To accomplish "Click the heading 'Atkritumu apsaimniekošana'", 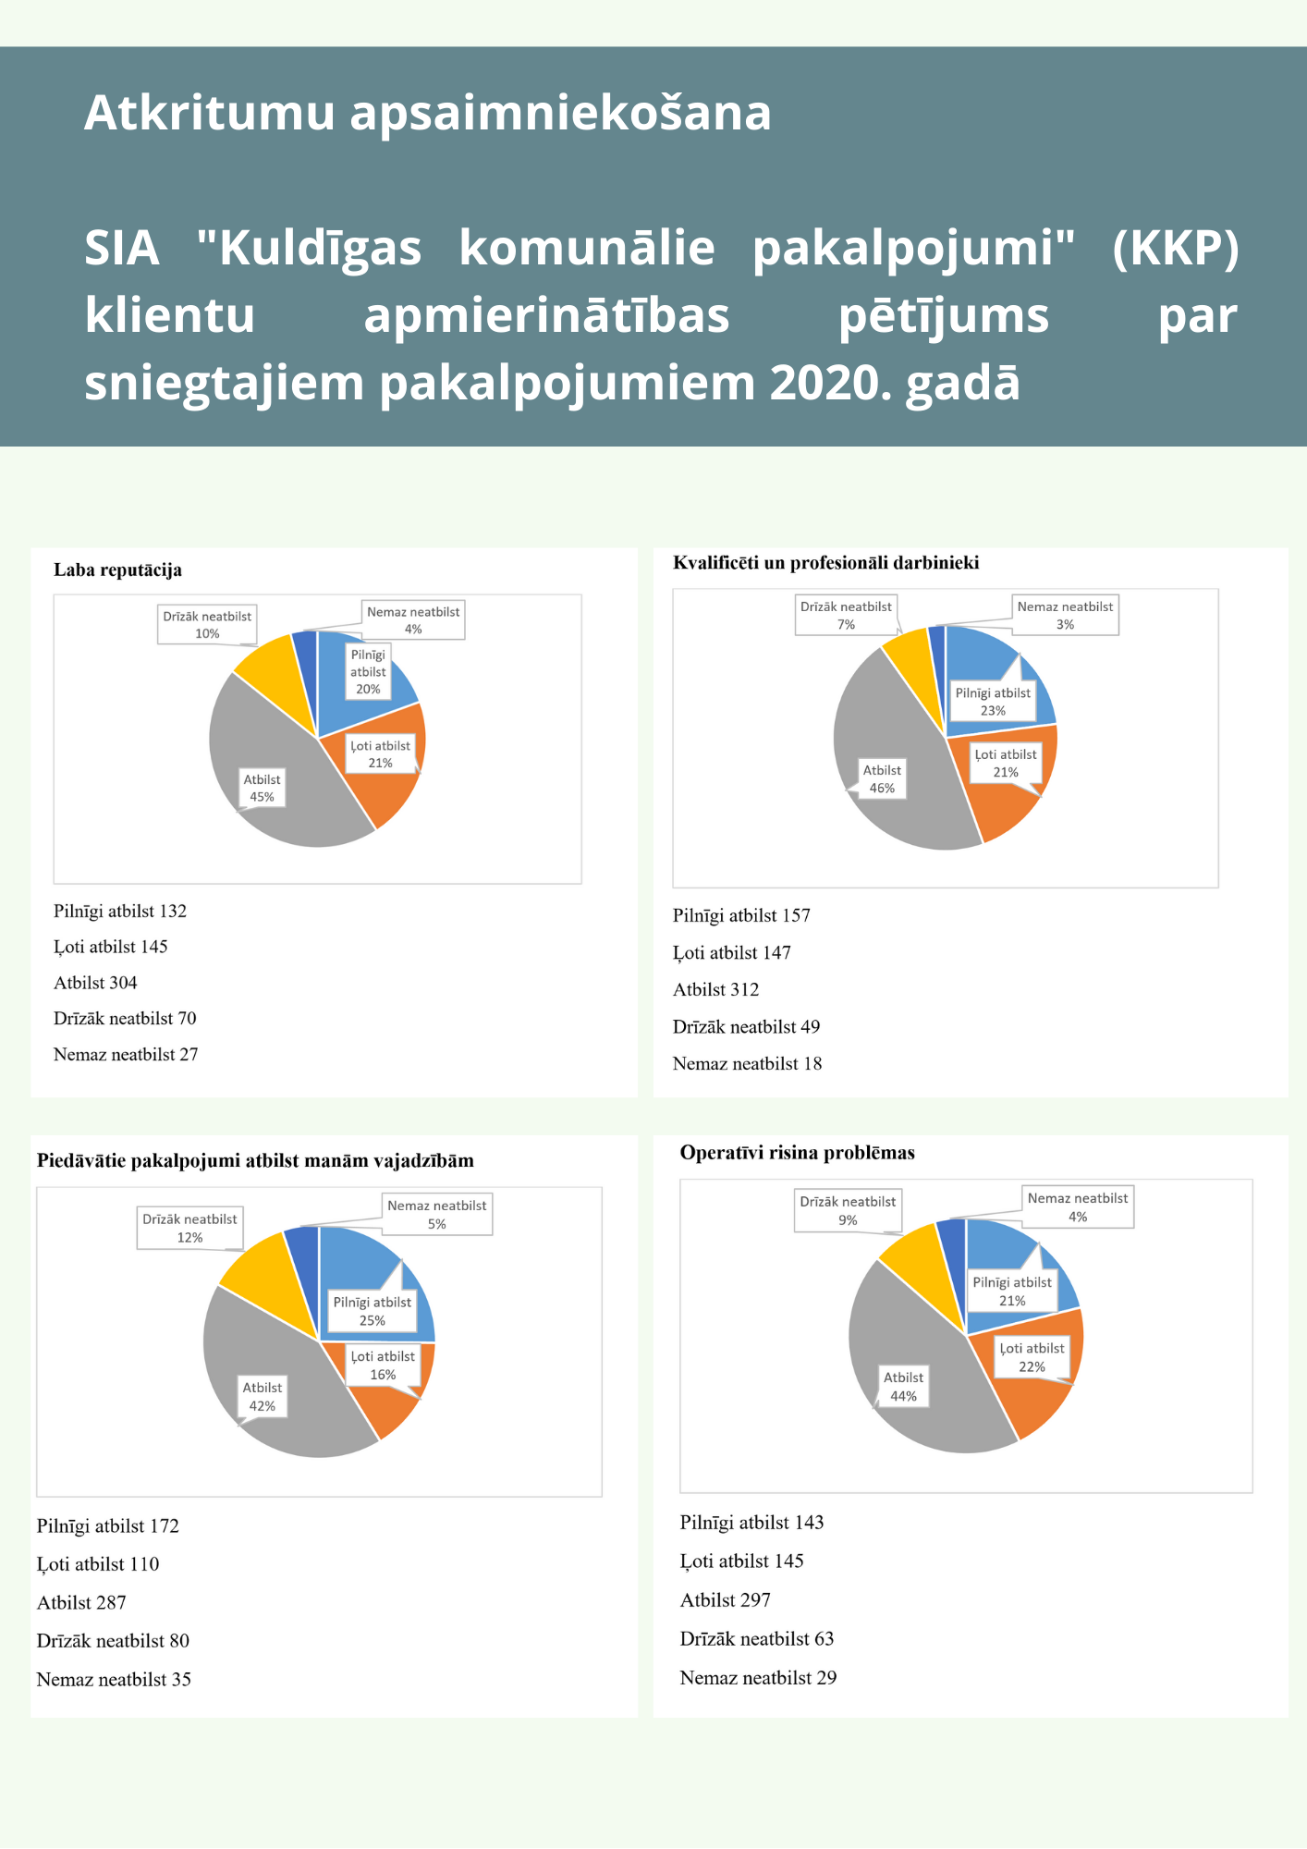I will point(427,113).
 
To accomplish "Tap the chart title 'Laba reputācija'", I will point(117,569).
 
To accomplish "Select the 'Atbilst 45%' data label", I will point(263,788).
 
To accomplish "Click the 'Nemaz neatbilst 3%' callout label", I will point(1065,616).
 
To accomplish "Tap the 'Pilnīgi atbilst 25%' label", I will point(373,1311).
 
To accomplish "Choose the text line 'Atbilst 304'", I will point(95,983).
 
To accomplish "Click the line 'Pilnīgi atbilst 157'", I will point(741,915).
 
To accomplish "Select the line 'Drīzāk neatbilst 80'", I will point(113,1640).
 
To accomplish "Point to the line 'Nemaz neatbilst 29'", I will point(758,1677).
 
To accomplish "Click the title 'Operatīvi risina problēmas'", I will point(797,1152).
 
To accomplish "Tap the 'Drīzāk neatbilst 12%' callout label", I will point(189,1228).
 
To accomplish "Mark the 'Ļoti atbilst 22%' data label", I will point(1032,1357).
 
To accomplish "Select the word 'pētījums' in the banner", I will point(943,315).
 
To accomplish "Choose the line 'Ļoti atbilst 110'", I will point(98,1563).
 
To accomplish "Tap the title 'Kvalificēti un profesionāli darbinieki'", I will point(825,562).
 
